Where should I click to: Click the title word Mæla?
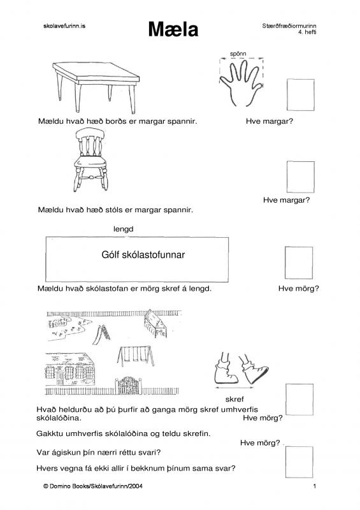coord(173,29)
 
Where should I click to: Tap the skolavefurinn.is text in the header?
coord(64,26)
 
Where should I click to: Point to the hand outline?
coord(240,84)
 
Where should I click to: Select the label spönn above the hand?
coord(238,54)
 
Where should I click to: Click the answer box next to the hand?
coord(301,94)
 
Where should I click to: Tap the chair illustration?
coord(90,159)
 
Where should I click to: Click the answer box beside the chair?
coord(301,177)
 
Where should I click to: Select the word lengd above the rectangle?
coord(123,229)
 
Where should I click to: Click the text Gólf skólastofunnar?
coord(143,254)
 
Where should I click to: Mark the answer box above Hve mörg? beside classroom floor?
coord(299,263)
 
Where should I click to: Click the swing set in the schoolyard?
coord(136,356)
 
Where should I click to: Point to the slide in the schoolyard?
coord(101,334)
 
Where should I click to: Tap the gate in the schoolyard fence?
coord(129,386)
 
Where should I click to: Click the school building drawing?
coord(69,370)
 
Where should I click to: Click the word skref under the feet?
coord(234,399)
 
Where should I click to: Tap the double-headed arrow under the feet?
coord(234,388)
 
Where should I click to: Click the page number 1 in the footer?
coord(315,486)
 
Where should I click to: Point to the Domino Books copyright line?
coord(92,486)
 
